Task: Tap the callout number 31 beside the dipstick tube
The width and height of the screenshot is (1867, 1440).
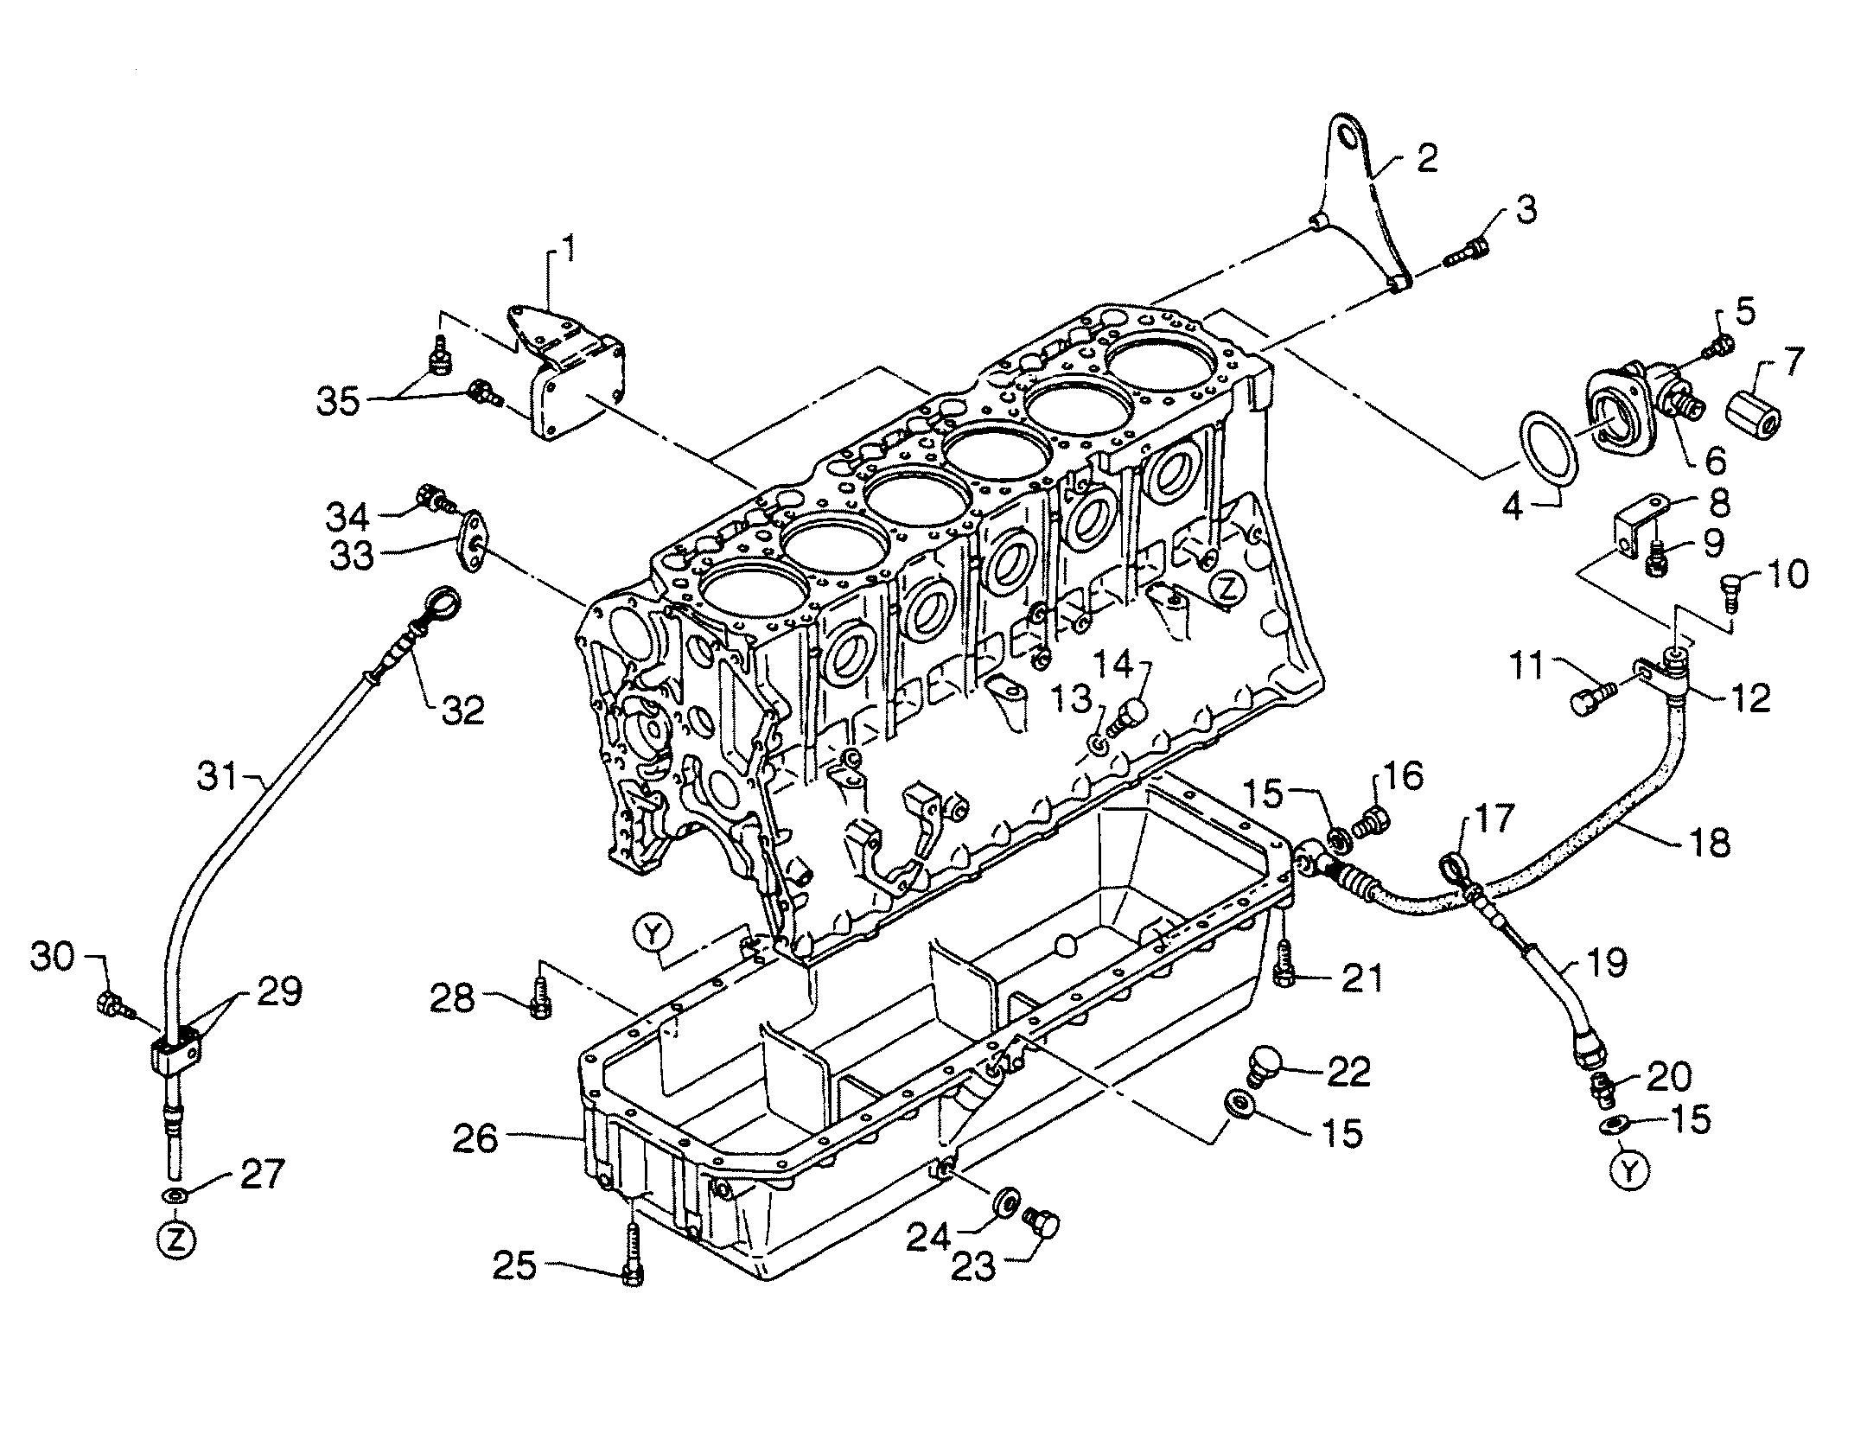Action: pos(216,776)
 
